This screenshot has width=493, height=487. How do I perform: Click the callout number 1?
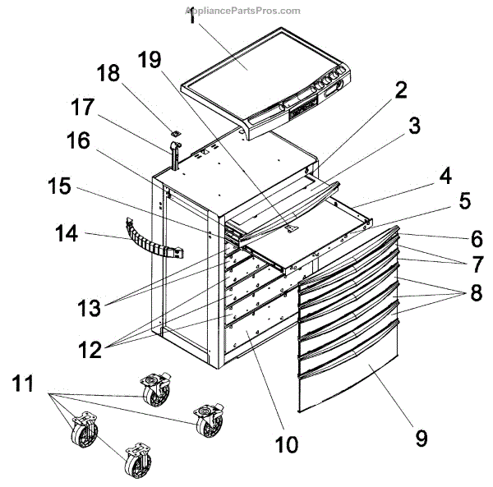pyautogui.click(x=191, y=18)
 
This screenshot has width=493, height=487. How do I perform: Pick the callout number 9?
pyautogui.click(x=421, y=438)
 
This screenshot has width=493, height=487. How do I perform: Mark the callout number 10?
pyautogui.click(x=286, y=444)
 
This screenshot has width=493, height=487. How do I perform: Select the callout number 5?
pyautogui.click(x=464, y=200)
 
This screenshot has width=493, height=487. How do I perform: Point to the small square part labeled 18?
pyautogui.click(x=175, y=129)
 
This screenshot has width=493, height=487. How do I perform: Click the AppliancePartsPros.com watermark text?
pyautogui.click(x=244, y=11)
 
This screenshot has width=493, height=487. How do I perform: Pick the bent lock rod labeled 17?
pyautogui.click(x=174, y=153)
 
